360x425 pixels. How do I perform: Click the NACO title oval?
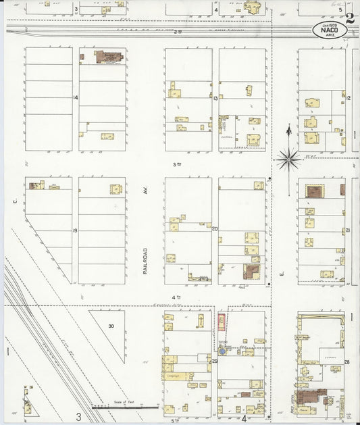pos(329,30)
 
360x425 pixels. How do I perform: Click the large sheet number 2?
pos(351,18)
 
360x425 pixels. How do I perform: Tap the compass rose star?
pos(288,159)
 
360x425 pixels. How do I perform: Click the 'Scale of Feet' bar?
pos(125,407)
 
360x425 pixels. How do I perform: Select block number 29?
pos(214,361)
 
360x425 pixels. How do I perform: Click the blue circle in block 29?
pos(222,351)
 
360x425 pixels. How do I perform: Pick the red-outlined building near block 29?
pos(220,322)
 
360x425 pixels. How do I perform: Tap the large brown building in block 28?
pos(308,399)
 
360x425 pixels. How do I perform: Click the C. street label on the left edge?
pos(13,201)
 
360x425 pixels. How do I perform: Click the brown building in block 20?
pos(251,272)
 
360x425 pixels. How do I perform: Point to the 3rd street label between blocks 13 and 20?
pos(178,164)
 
